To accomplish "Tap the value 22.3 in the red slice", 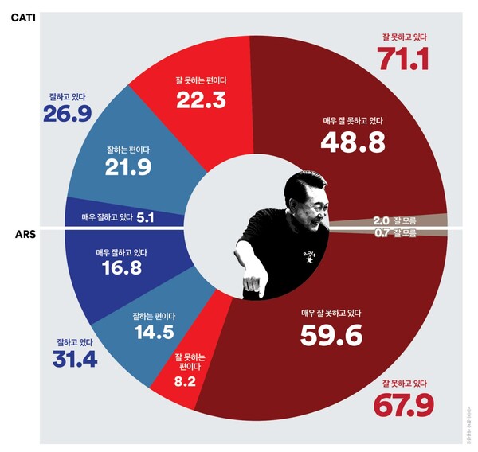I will [201, 99].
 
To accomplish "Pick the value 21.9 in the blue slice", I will [128, 167].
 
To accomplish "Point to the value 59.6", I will [331, 336].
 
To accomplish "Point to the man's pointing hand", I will [253, 282].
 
